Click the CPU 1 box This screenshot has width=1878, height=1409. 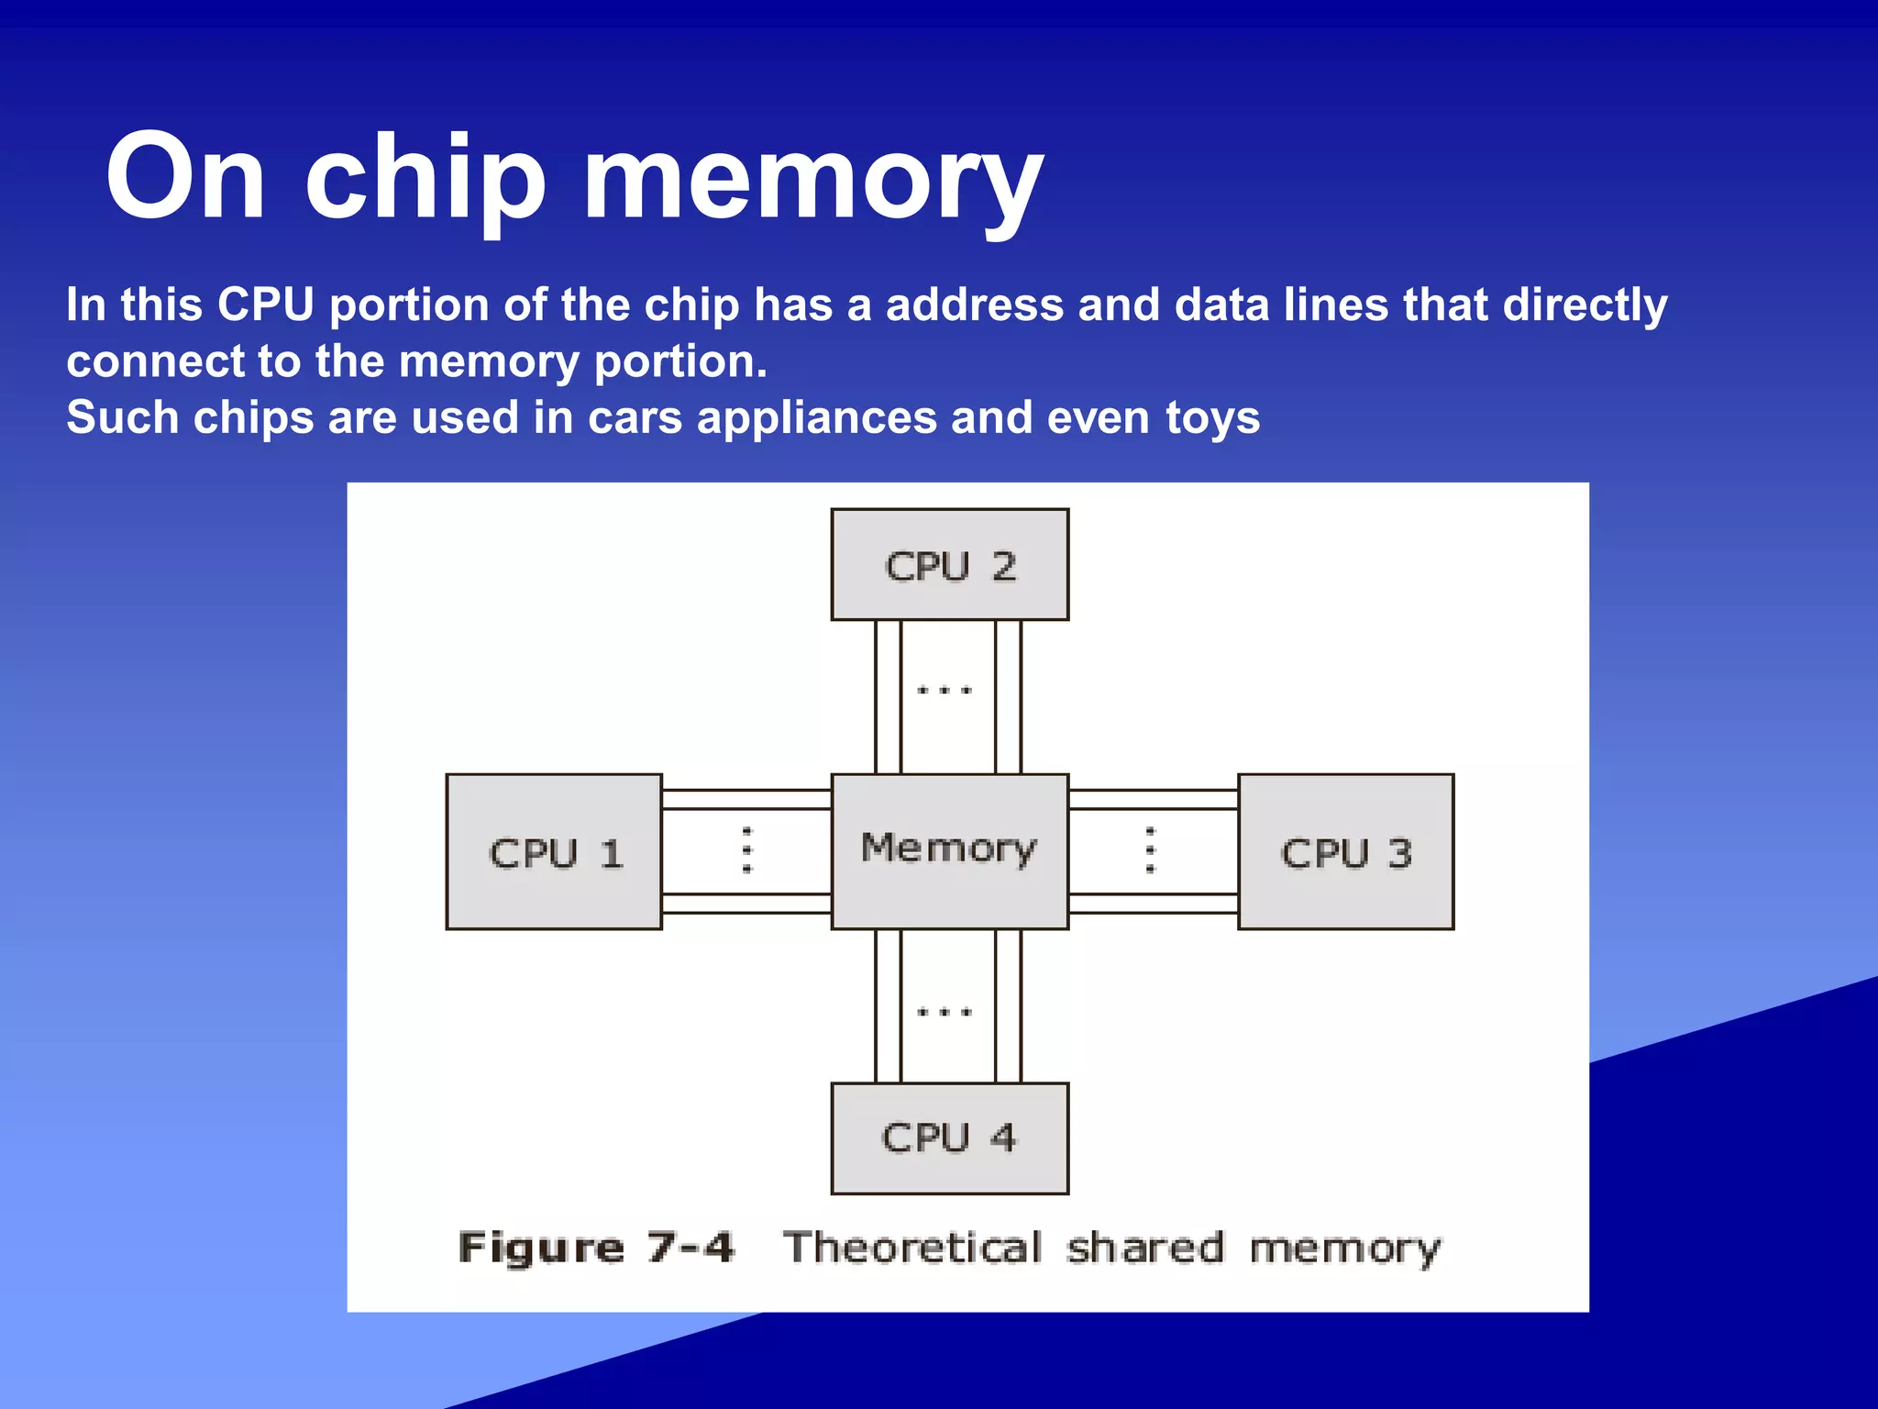click(x=554, y=851)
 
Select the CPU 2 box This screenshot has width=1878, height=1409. click(x=949, y=565)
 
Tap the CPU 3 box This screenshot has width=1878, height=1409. click(x=1345, y=851)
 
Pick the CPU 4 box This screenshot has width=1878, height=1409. click(x=949, y=1137)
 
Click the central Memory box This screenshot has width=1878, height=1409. click(x=949, y=849)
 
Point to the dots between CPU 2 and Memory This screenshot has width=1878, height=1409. click(x=945, y=690)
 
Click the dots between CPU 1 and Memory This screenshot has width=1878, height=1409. click(x=747, y=849)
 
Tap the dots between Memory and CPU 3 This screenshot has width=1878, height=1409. click(x=1151, y=849)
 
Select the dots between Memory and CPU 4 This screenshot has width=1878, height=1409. click(x=945, y=1013)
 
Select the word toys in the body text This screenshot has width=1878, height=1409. click(x=1212, y=418)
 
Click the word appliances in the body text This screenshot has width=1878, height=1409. click(x=816, y=418)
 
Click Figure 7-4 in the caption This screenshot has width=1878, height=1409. click(x=596, y=1248)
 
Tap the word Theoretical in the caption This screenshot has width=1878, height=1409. click(x=912, y=1248)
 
